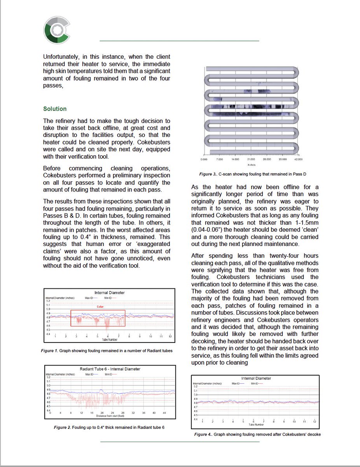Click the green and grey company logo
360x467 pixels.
[57, 29]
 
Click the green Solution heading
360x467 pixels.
[55, 109]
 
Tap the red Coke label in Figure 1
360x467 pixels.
[100, 307]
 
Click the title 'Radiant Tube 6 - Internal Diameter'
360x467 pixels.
[110, 369]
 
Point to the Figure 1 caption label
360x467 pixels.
[49, 351]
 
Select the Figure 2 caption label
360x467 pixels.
[62, 427]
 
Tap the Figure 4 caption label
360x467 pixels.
[203, 434]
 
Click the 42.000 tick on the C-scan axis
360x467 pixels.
[298, 160]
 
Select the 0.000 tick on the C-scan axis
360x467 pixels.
[203, 160]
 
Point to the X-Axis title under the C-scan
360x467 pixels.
[251, 165]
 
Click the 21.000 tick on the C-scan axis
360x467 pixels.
[251, 160]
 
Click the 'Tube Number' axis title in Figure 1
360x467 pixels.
[110, 340]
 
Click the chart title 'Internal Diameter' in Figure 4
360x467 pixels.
[256, 378]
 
